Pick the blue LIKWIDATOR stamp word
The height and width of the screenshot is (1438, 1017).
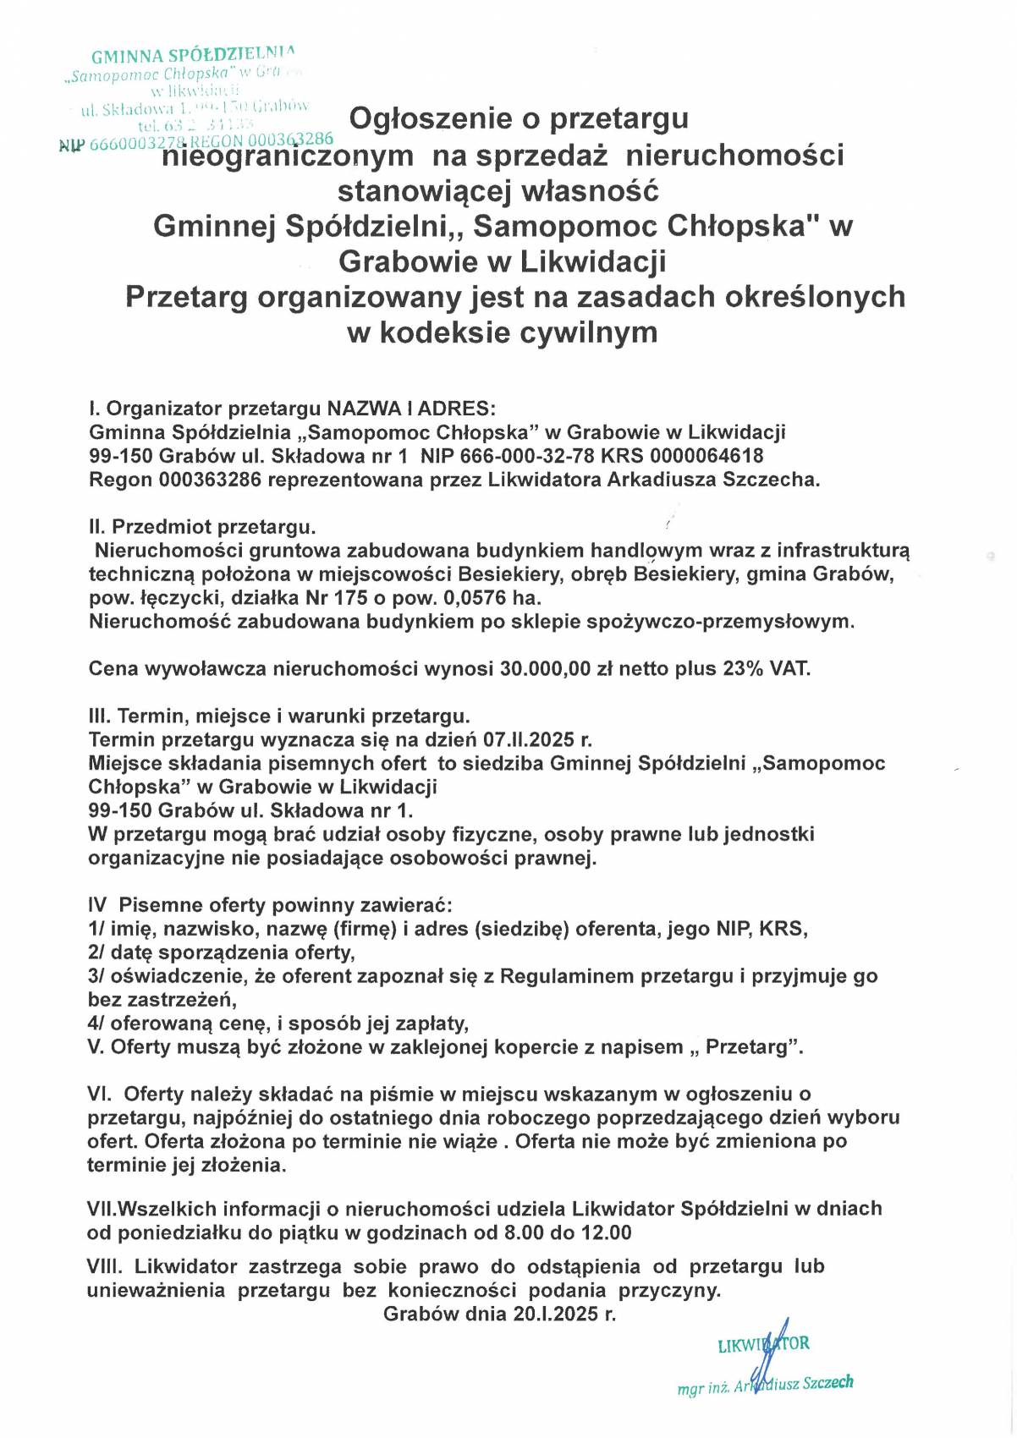tap(763, 1343)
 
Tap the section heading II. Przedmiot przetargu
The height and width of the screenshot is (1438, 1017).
tap(202, 527)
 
